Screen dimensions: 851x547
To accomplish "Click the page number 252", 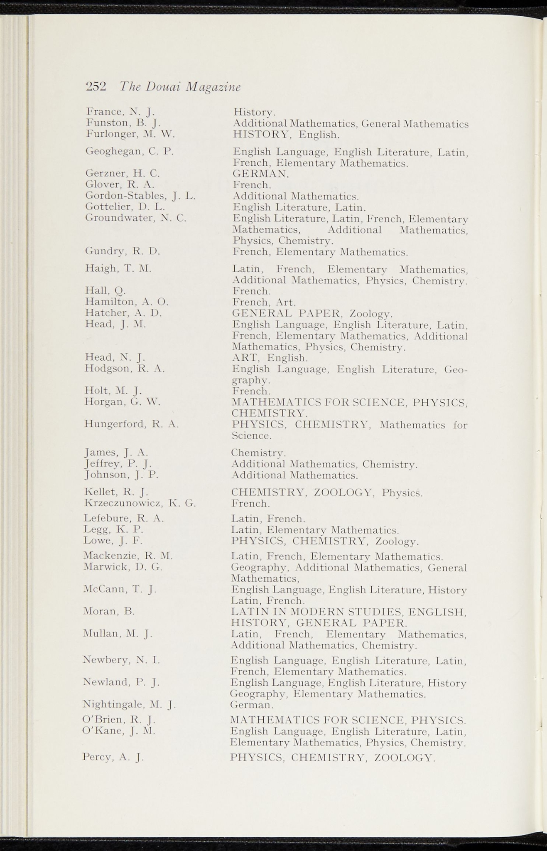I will (x=96, y=87).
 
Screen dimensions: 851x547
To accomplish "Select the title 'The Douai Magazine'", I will (x=180, y=87).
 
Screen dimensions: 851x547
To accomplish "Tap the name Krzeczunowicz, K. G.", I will (x=140, y=504).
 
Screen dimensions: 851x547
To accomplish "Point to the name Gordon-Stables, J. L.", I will (x=140, y=195).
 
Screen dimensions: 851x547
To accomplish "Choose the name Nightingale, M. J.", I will (x=130, y=704).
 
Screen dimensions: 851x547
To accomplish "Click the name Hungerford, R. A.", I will (x=131, y=424).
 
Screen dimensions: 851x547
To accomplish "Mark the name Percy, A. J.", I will (x=113, y=757).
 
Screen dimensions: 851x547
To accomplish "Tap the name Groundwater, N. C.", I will (x=135, y=218).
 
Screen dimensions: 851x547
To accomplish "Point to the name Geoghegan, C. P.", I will (x=129, y=151).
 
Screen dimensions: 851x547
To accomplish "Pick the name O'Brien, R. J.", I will (x=119, y=719).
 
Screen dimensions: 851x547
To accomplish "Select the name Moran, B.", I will (x=109, y=611).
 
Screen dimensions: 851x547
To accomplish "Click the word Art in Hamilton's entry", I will (x=285, y=302).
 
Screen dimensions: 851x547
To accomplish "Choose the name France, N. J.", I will (x=120, y=111).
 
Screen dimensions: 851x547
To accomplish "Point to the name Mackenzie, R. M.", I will (x=128, y=556).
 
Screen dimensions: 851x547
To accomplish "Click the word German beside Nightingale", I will (x=251, y=705).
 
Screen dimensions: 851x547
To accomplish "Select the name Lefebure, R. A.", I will (x=124, y=518).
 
